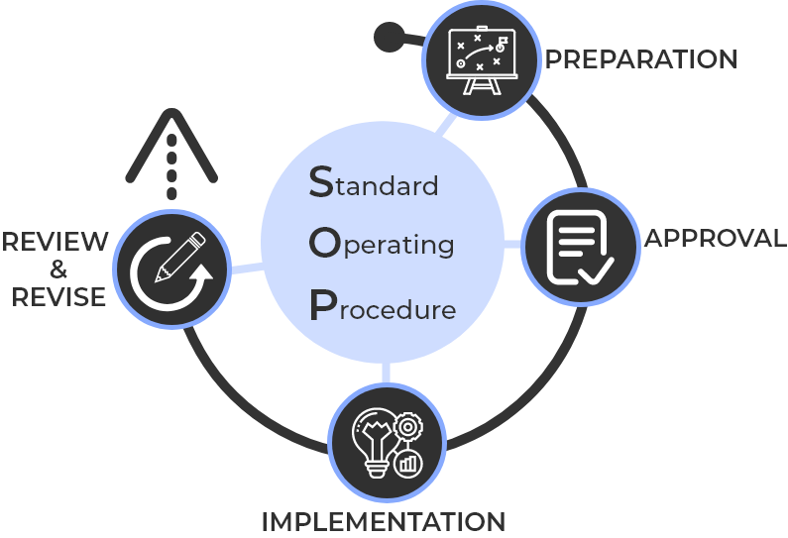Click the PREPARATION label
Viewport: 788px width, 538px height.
tap(641, 59)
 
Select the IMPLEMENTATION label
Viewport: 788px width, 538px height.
tap(383, 521)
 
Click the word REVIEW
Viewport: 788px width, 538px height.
tap(55, 241)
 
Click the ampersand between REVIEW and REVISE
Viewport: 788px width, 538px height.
tap(57, 269)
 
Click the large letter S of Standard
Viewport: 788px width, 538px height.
tap(321, 180)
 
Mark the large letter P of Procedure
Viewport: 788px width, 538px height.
tap(320, 306)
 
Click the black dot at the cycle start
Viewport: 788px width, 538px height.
tap(387, 38)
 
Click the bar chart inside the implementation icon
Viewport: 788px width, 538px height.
tap(405, 462)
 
